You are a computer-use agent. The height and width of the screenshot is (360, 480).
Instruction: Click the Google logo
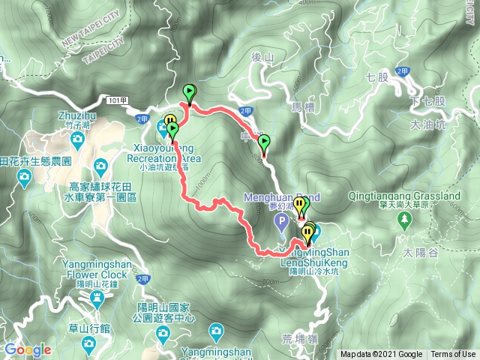click(28, 349)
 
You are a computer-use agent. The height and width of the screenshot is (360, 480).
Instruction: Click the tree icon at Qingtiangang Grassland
click(405, 220)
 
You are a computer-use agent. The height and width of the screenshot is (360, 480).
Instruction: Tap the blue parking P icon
click(281, 220)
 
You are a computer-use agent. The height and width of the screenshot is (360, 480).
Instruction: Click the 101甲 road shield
click(118, 99)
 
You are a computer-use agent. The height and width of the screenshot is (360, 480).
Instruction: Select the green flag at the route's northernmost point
click(189, 94)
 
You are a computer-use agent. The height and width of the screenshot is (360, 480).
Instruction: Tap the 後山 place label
click(260, 56)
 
